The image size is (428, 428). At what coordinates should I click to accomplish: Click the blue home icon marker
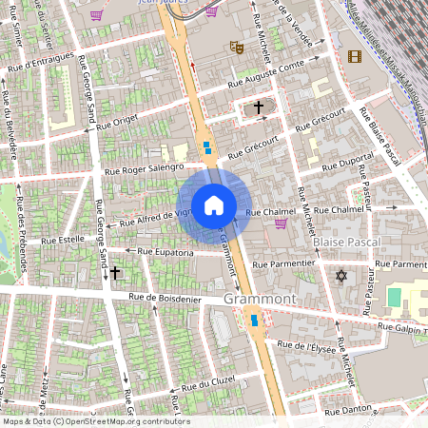click(213, 204)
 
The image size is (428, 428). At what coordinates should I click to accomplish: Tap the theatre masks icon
click(236, 47)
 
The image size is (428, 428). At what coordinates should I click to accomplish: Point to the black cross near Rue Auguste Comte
click(258, 108)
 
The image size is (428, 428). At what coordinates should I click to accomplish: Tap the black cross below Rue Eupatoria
click(115, 273)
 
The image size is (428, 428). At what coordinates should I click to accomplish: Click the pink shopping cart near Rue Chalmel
click(281, 224)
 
